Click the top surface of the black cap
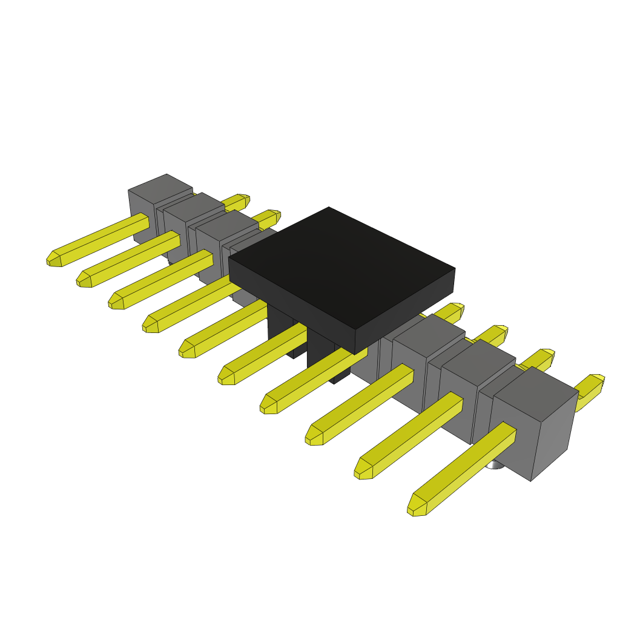341,266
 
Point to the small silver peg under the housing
495,464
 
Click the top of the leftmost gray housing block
160,188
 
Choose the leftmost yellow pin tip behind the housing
242,199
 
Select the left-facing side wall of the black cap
291,293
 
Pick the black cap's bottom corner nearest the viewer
355,351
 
